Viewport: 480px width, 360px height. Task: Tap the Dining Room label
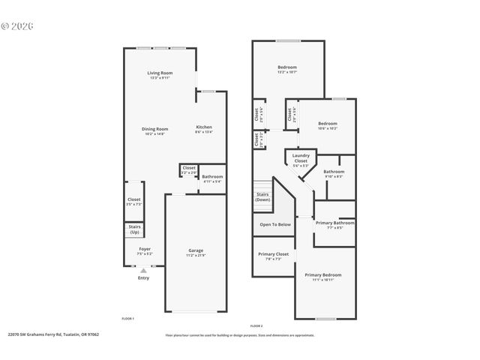[x=154, y=130]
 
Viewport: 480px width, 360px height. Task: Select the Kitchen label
[x=204, y=128]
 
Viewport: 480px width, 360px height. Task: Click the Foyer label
[x=144, y=251]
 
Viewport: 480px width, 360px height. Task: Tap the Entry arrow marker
[x=143, y=271]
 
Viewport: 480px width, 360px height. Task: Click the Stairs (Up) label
[x=135, y=229]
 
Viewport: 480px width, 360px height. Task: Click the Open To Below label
[x=274, y=224]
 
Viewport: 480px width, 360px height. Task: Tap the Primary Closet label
[x=274, y=256]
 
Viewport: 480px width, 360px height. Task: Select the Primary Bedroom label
[x=323, y=277]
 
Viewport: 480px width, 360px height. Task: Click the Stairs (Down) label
[x=262, y=197]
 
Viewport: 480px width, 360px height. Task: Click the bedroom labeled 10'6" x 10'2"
[x=328, y=125]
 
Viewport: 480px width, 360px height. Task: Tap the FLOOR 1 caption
[x=128, y=319]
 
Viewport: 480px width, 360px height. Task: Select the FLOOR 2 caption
[x=256, y=326]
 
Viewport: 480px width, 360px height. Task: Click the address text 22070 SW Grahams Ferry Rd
[x=52, y=334]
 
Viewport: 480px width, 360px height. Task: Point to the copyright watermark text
[x=18, y=25]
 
